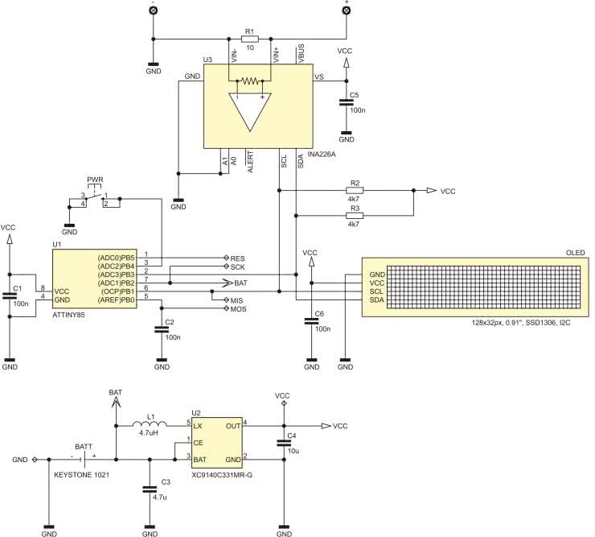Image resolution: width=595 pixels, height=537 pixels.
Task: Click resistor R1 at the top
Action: [x=249, y=38]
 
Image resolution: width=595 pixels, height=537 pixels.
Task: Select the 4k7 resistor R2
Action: [x=355, y=191]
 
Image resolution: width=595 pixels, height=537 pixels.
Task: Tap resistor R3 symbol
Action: [x=355, y=215]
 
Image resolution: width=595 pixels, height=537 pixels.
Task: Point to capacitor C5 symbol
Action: [x=346, y=104]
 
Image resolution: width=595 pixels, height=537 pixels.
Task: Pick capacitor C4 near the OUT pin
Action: [x=283, y=442]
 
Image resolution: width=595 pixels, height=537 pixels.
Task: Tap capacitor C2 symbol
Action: [x=162, y=328]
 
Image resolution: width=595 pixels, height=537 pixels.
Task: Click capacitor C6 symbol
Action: [x=310, y=320]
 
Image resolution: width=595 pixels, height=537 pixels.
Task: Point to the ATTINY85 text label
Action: [x=68, y=316]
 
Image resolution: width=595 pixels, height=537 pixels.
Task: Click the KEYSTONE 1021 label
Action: [x=81, y=475]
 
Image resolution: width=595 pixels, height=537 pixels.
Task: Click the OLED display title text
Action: [x=576, y=253]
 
